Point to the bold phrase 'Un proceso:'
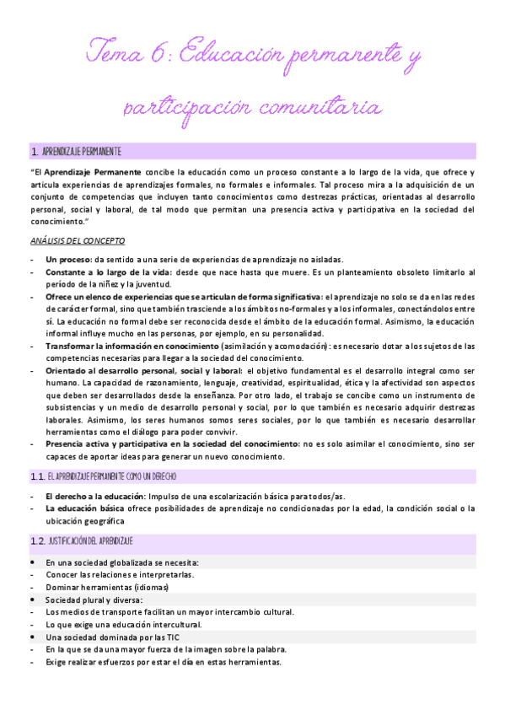pos(69,259)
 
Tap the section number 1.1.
pos(36,476)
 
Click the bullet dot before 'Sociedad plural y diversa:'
pos(32,599)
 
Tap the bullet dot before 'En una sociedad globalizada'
pos(32,562)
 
